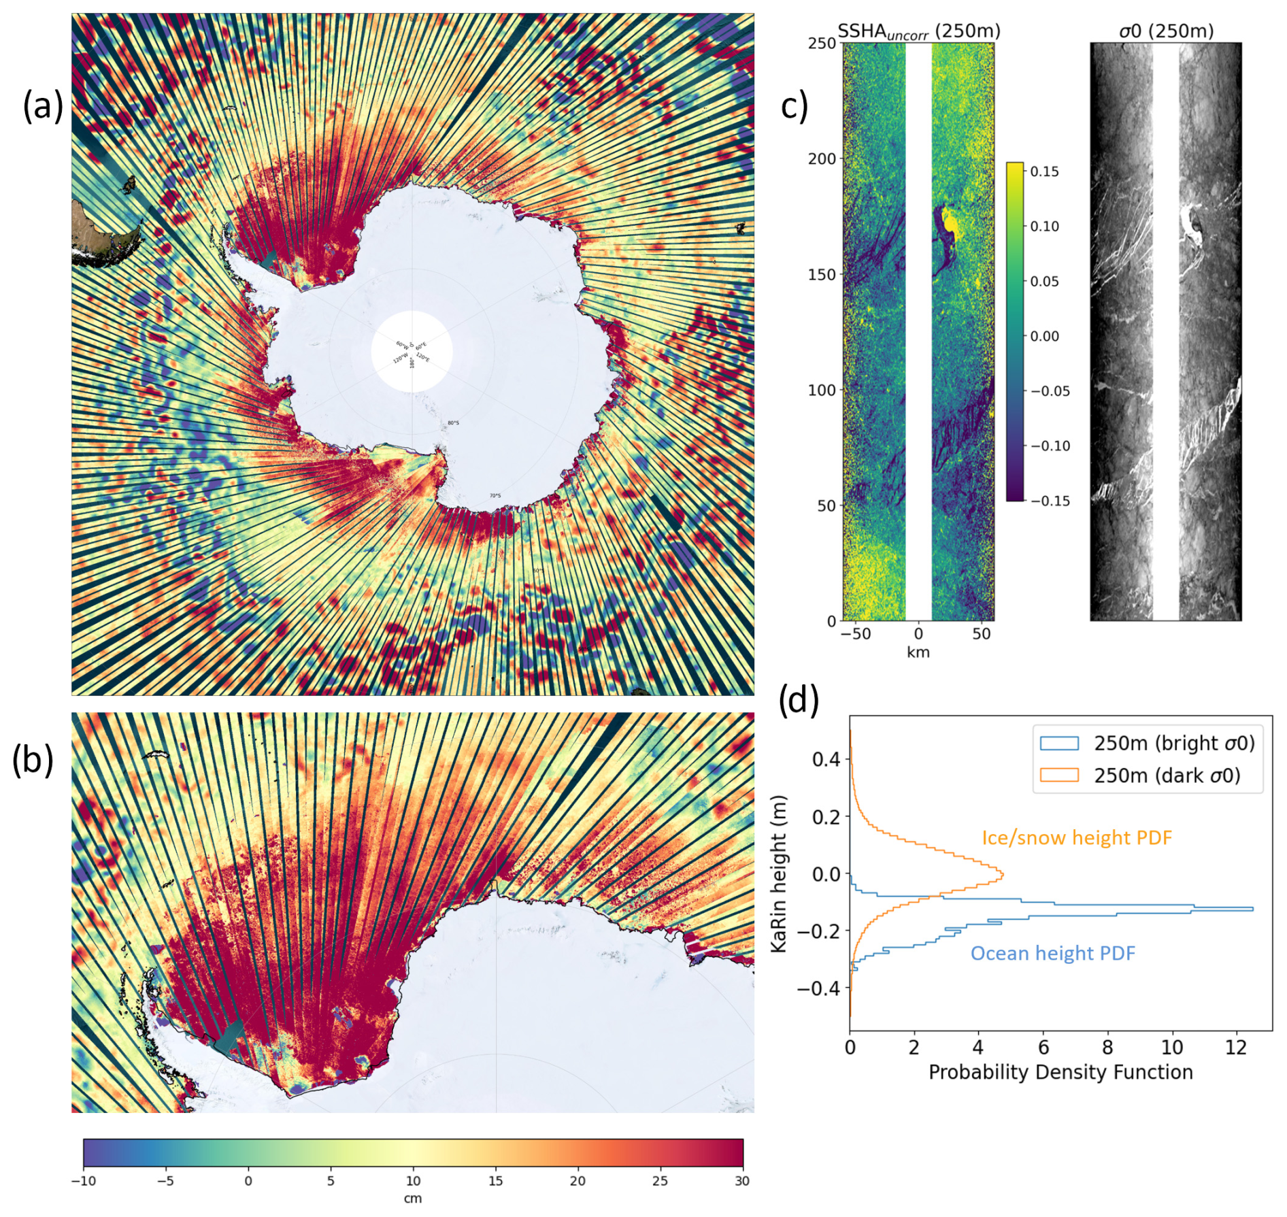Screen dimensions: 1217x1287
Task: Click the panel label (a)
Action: [43, 107]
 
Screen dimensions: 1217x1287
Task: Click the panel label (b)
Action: [33, 760]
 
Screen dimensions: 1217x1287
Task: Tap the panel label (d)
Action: [798, 699]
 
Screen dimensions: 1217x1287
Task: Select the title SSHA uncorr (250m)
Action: [918, 31]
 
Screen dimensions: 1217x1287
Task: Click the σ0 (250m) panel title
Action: [1166, 31]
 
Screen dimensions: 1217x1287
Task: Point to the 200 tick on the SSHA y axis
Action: [822, 159]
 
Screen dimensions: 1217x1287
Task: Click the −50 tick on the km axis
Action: [855, 634]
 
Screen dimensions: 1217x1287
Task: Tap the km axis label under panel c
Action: [918, 652]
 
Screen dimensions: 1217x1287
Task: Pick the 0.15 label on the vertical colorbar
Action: [1044, 171]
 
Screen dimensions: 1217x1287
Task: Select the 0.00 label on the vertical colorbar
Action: [1044, 336]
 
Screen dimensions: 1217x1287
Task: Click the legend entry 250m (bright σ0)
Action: [1174, 744]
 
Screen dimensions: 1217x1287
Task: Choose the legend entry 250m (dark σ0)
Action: [1167, 776]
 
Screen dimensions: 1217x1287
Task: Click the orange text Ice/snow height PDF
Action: [1077, 837]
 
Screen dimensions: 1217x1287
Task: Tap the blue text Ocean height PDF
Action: [1052, 953]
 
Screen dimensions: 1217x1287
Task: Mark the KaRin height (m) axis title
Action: [779, 873]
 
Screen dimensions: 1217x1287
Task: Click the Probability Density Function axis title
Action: [1060, 1072]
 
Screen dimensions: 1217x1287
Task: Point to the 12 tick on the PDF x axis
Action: [1236, 1048]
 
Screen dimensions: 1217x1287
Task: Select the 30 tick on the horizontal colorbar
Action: [741, 1181]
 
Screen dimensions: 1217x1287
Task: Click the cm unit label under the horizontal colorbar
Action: [412, 1198]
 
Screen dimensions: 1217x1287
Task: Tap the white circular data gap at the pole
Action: [412, 351]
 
